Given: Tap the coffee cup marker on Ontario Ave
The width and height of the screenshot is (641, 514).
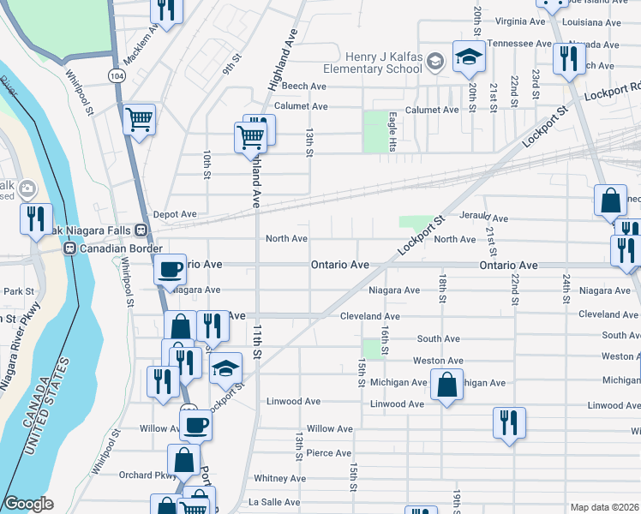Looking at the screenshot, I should pyautogui.click(x=171, y=269).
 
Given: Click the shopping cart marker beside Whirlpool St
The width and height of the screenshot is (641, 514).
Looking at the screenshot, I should pyautogui.click(x=139, y=119).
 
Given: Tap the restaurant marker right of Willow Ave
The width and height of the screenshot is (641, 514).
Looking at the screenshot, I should pyautogui.click(x=509, y=422).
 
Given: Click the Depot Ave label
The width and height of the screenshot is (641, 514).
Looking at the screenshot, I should pyautogui.click(x=175, y=214).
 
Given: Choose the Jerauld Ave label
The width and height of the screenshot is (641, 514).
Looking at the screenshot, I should pyautogui.click(x=483, y=218).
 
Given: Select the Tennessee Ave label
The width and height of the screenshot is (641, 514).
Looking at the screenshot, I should pyautogui.click(x=518, y=43).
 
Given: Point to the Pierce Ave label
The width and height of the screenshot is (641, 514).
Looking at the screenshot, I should pyautogui.click(x=329, y=453).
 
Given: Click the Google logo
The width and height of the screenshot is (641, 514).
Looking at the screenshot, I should pyautogui.click(x=28, y=505).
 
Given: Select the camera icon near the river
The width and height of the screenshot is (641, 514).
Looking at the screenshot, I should pyautogui.click(x=27, y=188).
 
